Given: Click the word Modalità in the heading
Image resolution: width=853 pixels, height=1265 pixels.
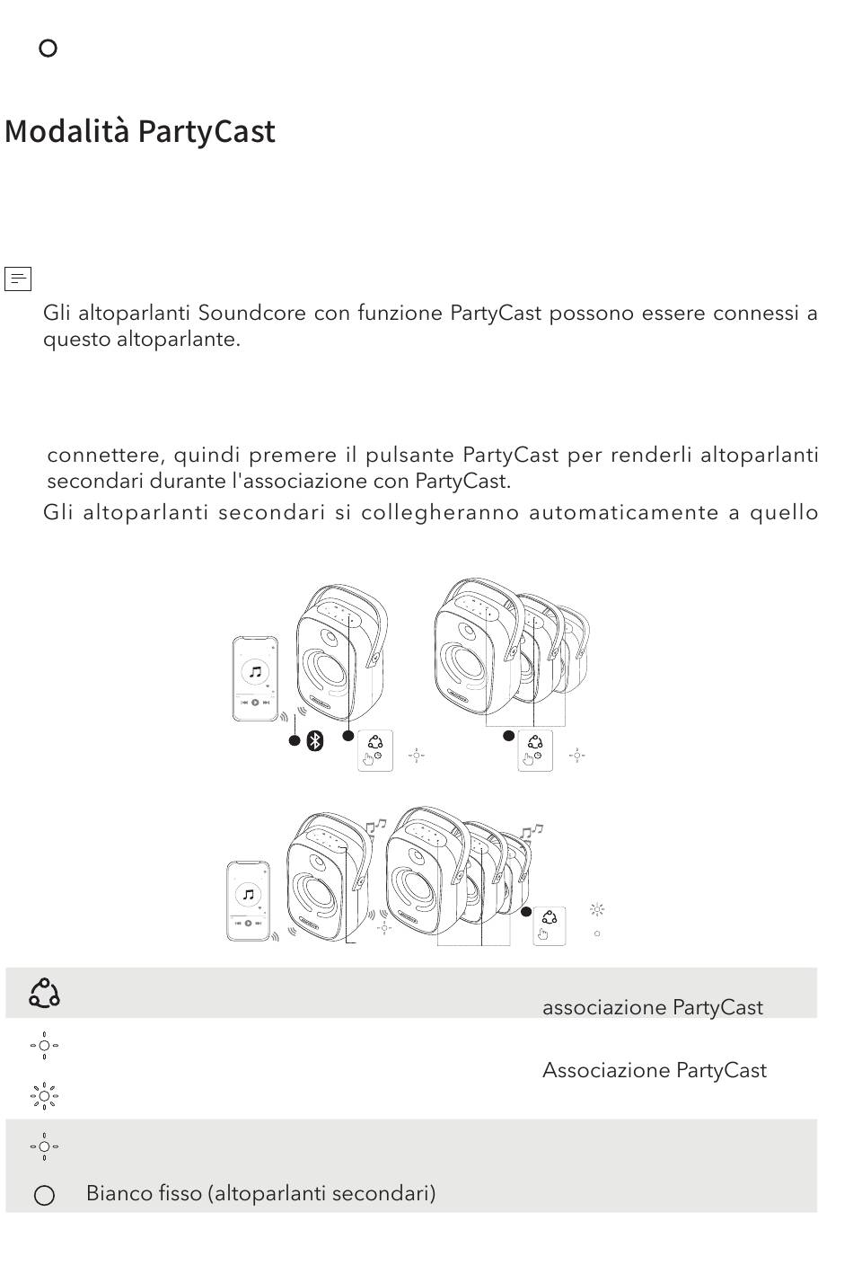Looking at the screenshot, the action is click(67, 131).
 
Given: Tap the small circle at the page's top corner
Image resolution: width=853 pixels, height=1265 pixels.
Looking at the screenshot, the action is click(48, 49).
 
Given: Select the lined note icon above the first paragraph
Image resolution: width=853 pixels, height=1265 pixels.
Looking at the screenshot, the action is click(17, 279).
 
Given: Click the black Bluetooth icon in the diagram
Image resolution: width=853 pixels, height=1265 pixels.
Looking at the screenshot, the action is click(315, 741).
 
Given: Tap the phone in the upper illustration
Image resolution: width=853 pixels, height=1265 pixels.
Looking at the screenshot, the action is click(255, 679).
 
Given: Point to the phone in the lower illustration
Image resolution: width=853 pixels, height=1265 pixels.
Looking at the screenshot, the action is click(248, 901).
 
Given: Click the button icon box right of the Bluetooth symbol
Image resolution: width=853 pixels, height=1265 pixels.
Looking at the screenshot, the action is click(375, 750).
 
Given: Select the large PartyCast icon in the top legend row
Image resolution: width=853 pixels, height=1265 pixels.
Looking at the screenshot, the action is click(44, 994).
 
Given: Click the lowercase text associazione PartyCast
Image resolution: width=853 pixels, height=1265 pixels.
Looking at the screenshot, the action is click(653, 1007).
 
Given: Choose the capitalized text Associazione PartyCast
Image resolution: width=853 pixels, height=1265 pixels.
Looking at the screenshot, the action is click(655, 1071).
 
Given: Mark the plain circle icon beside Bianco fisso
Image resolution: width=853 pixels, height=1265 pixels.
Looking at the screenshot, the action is click(45, 1196).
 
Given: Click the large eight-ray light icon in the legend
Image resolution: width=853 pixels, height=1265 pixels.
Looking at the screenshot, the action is click(44, 1096).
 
